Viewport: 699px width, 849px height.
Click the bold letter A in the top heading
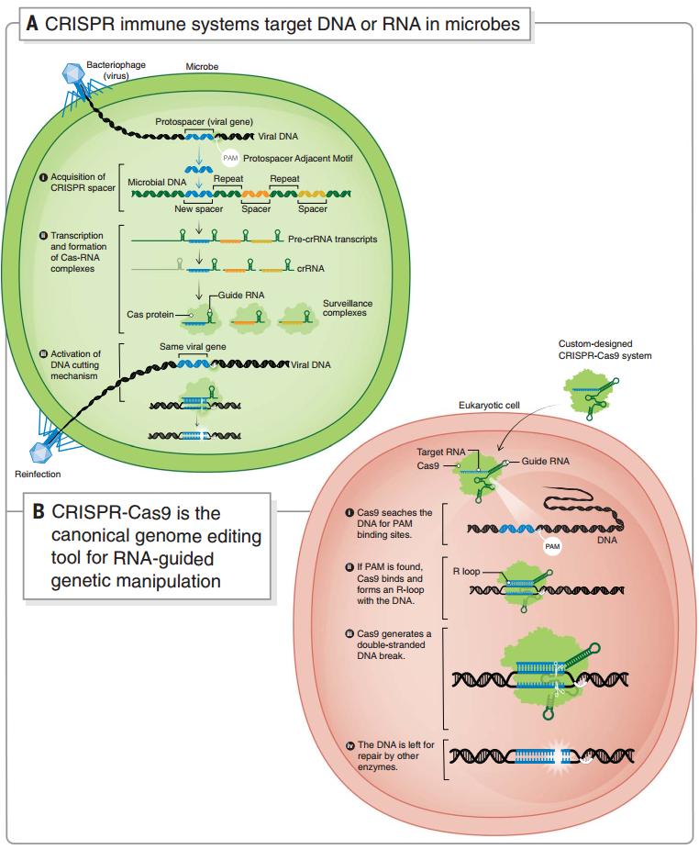(x=32, y=25)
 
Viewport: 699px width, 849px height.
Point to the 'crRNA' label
(x=310, y=269)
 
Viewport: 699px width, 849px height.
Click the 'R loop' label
(x=467, y=571)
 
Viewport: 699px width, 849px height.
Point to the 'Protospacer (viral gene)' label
(x=205, y=121)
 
